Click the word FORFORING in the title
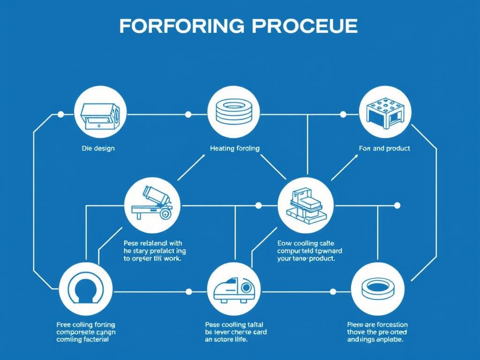point(181,26)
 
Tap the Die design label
point(98,148)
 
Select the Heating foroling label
point(234,148)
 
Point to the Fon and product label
point(384,148)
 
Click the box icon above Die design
point(100,114)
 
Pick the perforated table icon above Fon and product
point(385,113)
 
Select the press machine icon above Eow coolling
point(306,205)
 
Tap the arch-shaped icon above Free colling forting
point(86,288)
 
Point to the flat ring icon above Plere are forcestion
point(377,288)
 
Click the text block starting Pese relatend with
point(153,251)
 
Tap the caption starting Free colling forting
point(86,332)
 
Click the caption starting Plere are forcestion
point(377,332)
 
